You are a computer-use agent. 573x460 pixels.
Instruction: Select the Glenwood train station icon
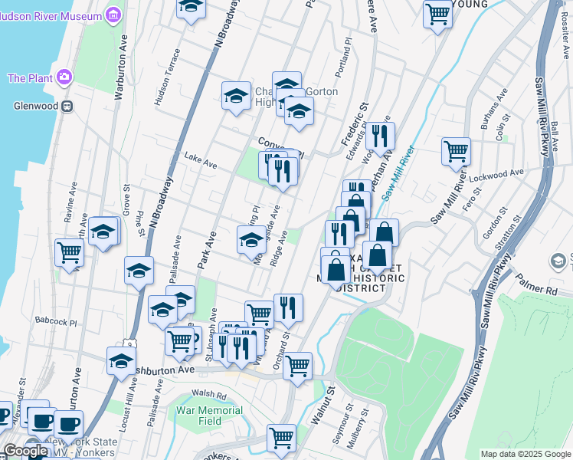67,106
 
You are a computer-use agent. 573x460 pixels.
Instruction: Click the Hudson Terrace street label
167,77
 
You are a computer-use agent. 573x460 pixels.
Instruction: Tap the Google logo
25,451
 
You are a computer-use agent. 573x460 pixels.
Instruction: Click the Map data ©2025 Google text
525,454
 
